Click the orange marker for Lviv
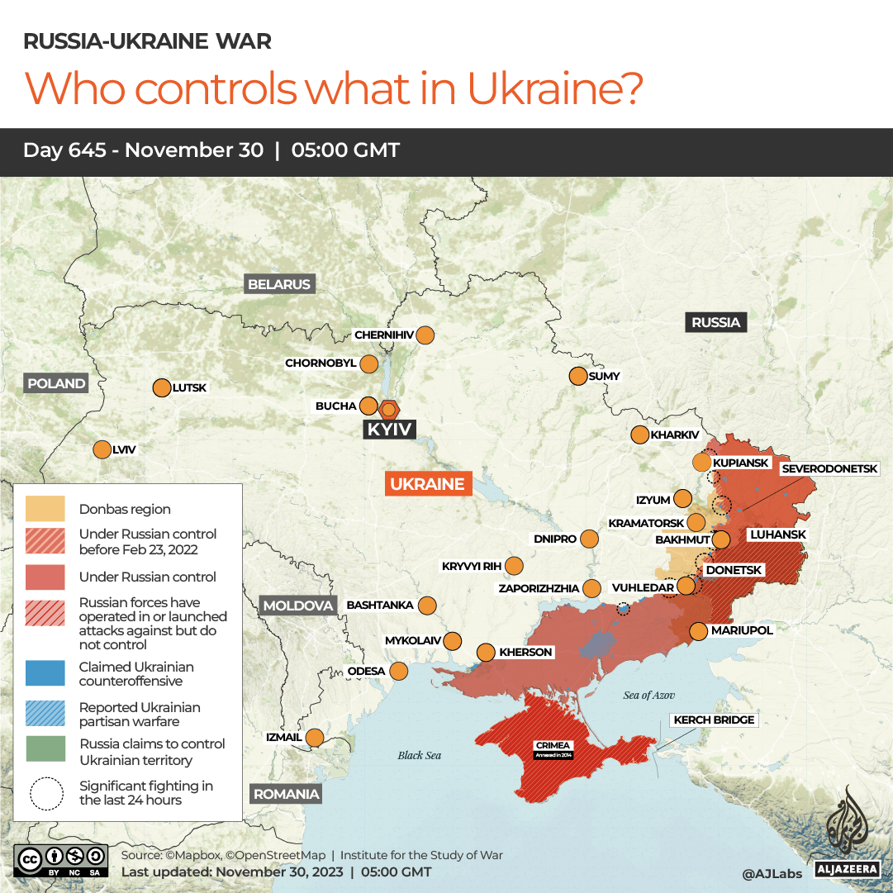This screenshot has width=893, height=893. pyautogui.click(x=102, y=449)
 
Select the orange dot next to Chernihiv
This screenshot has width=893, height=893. pyautogui.click(x=425, y=335)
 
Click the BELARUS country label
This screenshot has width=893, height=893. pyautogui.click(x=279, y=284)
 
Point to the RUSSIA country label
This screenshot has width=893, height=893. pyautogui.click(x=715, y=322)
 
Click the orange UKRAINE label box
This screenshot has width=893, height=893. pyautogui.click(x=427, y=484)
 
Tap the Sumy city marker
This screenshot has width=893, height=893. pyautogui.click(x=578, y=376)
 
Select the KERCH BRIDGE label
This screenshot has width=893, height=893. pyautogui.click(x=714, y=720)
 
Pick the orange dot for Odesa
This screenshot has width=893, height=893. pyautogui.click(x=399, y=671)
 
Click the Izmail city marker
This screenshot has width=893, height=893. pyautogui.click(x=315, y=737)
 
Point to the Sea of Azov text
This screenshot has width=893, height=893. pyautogui.click(x=648, y=695)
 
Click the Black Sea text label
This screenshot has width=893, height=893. pyautogui.click(x=420, y=755)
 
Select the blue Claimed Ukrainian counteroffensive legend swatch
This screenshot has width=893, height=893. pyautogui.click(x=45, y=673)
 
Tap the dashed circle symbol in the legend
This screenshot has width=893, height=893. pyautogui.click(x=46, y=793)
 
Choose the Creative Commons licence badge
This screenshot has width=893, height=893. pyautogui.click(x=61, y=860)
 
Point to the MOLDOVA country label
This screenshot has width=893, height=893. pyautogui.click(x=298, y=606)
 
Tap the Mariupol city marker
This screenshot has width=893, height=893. pyautogui.click(x=699, y=631)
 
